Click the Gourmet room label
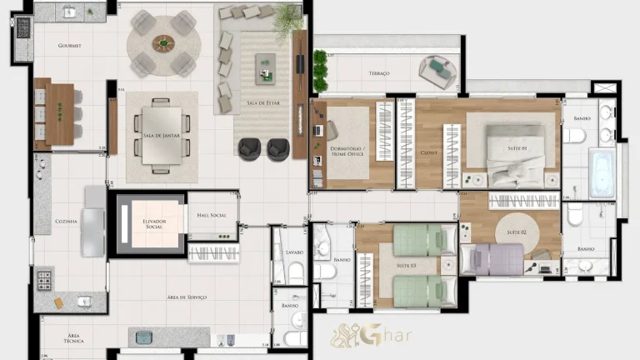[69, 46]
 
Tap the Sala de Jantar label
[161, 135]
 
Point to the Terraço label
[378, 73]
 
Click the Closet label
[428, 152]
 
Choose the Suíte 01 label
[517, 148]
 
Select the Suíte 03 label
[406, 266]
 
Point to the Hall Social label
[212, 216]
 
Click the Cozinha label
[66, 221]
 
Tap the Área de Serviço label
[186, 297]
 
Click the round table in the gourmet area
[163, 43]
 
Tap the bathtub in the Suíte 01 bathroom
[602, 172]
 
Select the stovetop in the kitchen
[43, 277]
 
